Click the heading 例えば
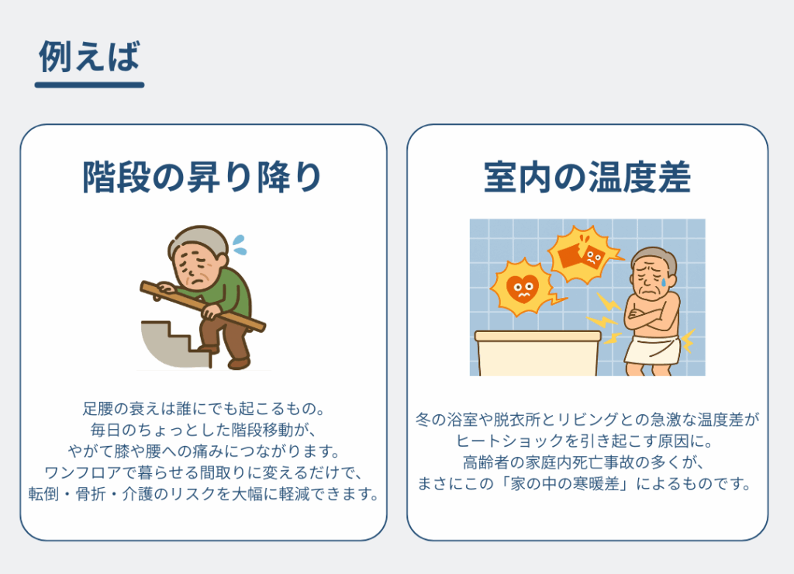(89, 56)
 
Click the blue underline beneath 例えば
(90, 85)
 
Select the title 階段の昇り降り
(202, 178)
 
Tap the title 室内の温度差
(588, 178)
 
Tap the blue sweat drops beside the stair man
(239, 244)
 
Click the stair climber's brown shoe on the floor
(239, 363)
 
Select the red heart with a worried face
(523, 289)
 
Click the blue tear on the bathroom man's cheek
(663, 281)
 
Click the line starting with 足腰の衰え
(204, 408)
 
